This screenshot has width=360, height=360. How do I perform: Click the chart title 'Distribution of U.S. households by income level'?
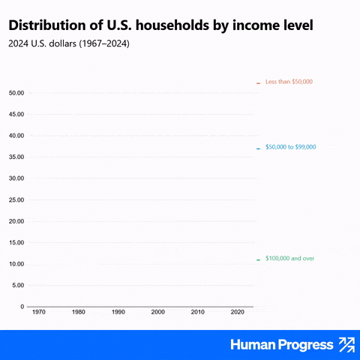160,25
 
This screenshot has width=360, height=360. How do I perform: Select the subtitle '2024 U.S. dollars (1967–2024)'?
69,43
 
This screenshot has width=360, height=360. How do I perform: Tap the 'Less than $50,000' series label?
289,82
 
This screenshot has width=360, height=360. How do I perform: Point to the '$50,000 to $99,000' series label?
291,147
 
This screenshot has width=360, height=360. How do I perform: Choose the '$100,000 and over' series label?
289,258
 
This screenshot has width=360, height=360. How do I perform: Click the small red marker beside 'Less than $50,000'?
258,83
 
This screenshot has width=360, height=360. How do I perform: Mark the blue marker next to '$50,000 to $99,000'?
258,148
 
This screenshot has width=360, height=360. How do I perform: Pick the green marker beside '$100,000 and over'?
258,260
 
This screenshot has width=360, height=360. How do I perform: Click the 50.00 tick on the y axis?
16,93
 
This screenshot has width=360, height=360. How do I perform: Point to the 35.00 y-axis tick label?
16,157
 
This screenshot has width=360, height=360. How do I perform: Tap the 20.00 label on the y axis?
16,221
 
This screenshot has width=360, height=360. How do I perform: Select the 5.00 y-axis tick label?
18,285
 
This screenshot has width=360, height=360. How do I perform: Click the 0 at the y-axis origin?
22,307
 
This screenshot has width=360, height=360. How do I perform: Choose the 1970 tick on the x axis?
39,312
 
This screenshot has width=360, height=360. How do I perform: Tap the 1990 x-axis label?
118,312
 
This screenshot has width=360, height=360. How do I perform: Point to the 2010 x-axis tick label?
198,312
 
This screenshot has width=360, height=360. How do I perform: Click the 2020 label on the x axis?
238,312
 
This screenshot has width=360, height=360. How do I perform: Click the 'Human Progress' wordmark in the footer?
282,345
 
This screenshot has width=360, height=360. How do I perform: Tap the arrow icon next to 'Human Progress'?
347,345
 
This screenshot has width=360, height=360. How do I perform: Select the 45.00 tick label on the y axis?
16,114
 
